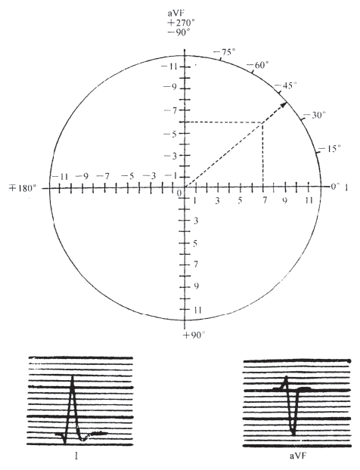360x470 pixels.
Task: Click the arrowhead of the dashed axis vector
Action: click(x=284, y=104)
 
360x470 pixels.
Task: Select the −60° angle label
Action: click(x=258, y=65)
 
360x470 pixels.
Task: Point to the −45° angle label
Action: click(x=286, y=85)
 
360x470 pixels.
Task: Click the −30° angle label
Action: click(x=315, y=115)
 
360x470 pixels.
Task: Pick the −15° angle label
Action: click(x=330, y=148)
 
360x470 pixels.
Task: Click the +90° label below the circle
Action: click(x=194, y=335)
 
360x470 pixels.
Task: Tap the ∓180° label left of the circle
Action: click(x=24, y=189)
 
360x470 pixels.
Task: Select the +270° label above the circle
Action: click(x=178, y=23)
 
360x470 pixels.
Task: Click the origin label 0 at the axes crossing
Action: click(x=179, y=193)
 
